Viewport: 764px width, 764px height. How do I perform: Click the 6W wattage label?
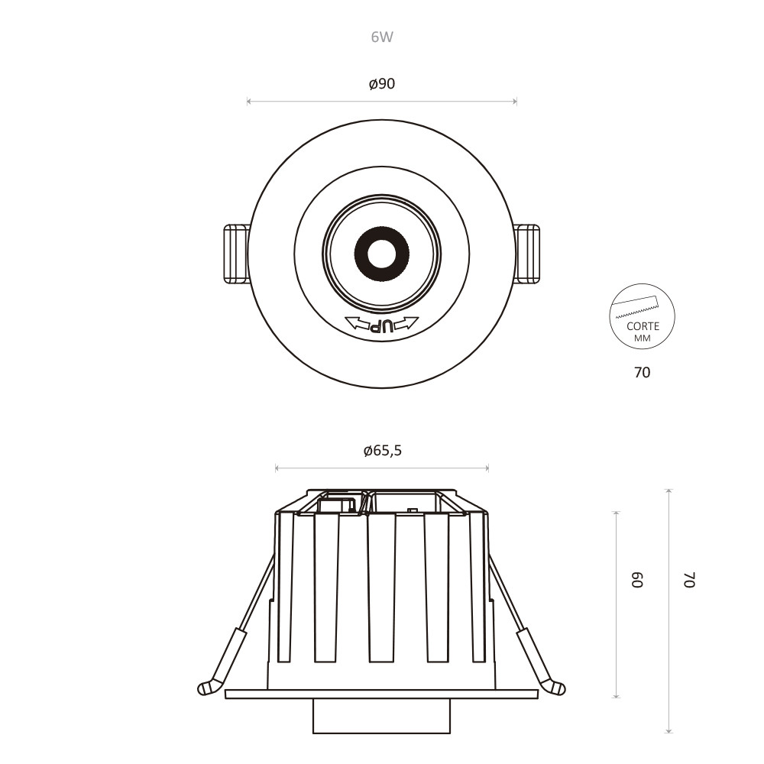382,37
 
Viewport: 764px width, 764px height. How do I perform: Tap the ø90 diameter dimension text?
382,84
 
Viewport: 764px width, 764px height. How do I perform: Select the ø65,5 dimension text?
383,451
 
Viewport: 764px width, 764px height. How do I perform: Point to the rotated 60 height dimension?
638,580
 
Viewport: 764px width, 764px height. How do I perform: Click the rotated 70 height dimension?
689,580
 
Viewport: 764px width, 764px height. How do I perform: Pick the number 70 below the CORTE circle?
643,372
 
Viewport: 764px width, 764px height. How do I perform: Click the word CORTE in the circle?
643,326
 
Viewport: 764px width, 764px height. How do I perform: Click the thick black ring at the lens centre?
382,254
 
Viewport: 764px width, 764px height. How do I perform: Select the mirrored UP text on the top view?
381,325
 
